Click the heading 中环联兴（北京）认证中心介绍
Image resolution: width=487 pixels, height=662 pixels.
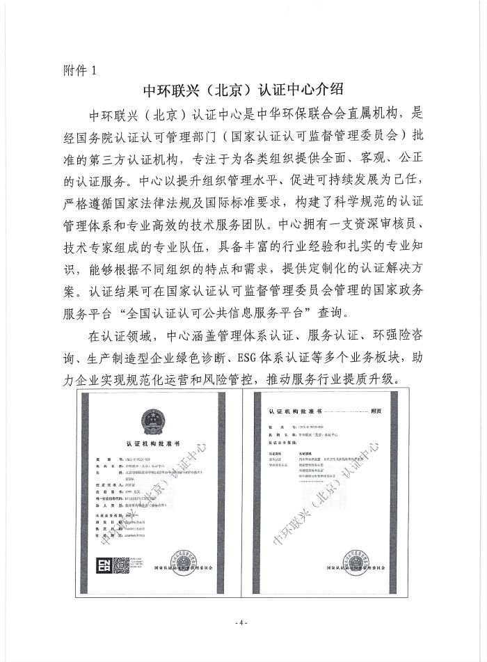tap(243, 90)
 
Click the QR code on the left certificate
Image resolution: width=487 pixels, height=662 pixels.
tap(122, 562)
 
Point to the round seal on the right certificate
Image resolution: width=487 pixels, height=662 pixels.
tap(361, 555)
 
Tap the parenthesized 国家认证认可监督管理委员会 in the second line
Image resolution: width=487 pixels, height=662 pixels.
tap(320, 134)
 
